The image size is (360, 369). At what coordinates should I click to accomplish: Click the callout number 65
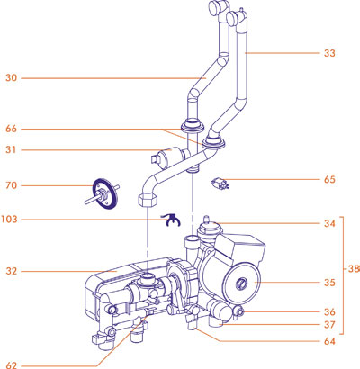pos(330,180)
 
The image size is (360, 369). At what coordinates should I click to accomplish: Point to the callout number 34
pos(330,223)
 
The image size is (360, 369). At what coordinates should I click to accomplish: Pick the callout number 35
pos(330,283)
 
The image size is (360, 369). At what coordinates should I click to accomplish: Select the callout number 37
pos(330,325)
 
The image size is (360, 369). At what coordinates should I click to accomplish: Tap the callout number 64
pos(330,342)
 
